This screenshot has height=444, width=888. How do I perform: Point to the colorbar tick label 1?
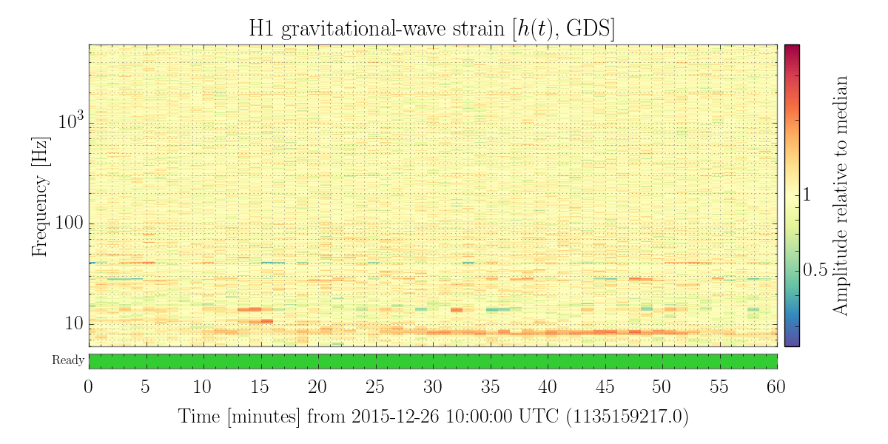[807, 195]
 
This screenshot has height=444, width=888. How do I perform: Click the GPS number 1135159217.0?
[628, 417]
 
